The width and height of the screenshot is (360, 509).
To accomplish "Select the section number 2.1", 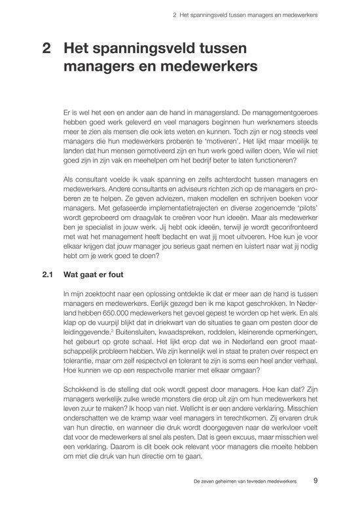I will point(46,276).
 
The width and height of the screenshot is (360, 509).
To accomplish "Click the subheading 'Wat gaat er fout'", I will point(95,276).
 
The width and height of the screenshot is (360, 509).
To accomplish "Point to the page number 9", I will point(315,480).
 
